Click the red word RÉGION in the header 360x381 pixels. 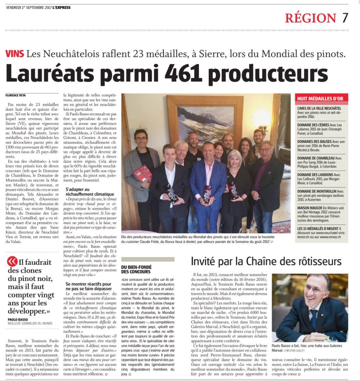[310, 18]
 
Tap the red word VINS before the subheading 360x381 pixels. [15, 54]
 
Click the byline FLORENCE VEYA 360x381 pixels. [16, 95]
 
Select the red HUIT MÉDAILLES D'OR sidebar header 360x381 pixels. [320, 98]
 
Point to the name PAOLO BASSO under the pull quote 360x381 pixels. [18, 319]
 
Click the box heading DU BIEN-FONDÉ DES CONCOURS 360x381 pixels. [136, 269]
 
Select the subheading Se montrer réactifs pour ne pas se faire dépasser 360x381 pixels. [88, 286]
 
